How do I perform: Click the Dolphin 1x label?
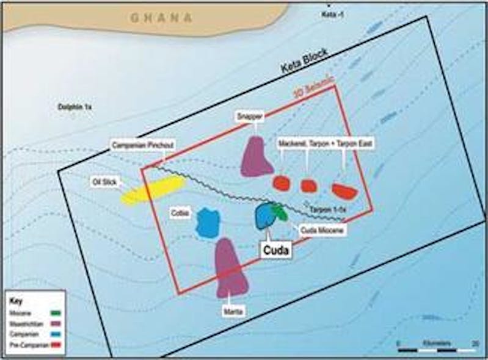[74, 107]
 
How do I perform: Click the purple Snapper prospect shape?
[256, 157]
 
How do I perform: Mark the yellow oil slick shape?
[153, 190]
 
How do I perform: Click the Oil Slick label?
[103, 181]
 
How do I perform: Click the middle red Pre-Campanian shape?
[309, 185]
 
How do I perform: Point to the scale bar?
[437, 350]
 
